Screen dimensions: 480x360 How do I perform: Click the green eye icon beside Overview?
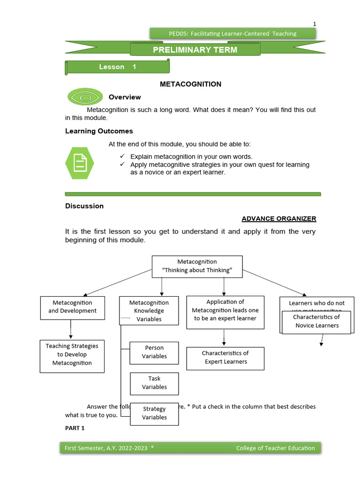[x=85, y=97]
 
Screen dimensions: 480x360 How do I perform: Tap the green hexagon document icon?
[x=80, y=163]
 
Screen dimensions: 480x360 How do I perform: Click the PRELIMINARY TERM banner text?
[x=195, y=50]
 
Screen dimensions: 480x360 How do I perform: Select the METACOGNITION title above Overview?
[x=190, y=84]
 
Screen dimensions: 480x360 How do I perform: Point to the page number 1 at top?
[x=315, y=24]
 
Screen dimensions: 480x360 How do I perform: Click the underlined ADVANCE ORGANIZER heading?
[x=279, y=218]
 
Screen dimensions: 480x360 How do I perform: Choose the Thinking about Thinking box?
[x=197, y=266]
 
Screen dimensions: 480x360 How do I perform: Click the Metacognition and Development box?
[x=72, y=307]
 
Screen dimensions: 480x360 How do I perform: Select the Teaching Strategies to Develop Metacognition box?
[x=72, y=354]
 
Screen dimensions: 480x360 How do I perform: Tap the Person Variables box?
[x=154, y=352]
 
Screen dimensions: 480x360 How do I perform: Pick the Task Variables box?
[x=154, y=382]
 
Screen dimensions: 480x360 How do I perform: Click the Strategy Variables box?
[x=154, y=413]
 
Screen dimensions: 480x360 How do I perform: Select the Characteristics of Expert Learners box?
[x=225, y=358]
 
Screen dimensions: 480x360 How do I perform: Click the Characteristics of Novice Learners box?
[x=316, y=322]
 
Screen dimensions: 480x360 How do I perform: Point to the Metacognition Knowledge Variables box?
[x=149, y=310]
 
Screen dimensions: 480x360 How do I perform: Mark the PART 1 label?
[x=75, y=428]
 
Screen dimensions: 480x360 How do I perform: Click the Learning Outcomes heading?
[x=99, y=131]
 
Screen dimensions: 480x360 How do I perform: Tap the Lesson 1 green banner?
[x=118, y=67]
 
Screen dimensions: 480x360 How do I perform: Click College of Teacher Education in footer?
[x=275, y=448]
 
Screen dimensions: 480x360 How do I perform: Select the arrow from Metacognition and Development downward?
[x=71, y=329]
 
